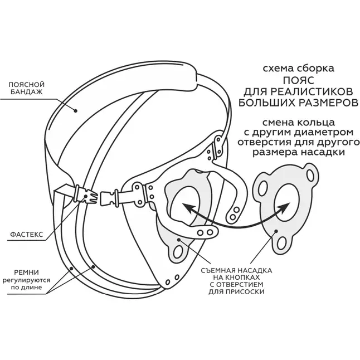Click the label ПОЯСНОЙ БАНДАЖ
click(26, 88)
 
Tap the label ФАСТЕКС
click(27, 235)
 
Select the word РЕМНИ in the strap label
click(27, 273)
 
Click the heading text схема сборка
click(299, 69)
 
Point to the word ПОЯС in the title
click(298, 81)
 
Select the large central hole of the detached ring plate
click(288, 201)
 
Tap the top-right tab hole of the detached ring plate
click(310, 175)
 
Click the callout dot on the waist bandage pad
click(75, 111)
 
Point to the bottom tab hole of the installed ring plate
click(178, 252)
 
